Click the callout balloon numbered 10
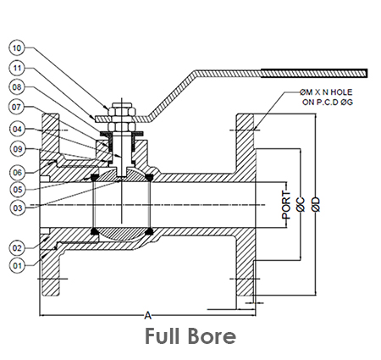17,47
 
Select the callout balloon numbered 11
17,68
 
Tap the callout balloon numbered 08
17,87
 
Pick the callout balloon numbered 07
17,108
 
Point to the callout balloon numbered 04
17,129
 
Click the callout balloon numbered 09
18,149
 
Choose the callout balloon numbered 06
17,172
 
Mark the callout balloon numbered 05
18,189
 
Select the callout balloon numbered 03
18,208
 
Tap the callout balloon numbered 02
17,248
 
